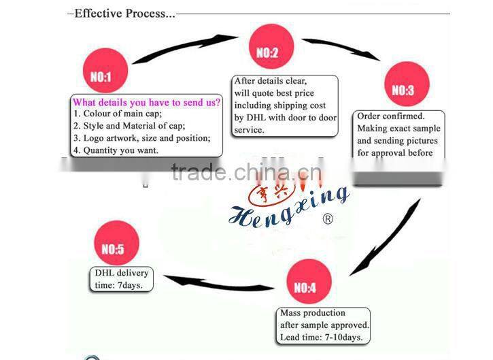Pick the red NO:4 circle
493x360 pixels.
click(x=305, y=287)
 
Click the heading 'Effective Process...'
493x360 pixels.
click(x=123, y=13)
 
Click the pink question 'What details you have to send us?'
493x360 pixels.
click(x=147, y=102)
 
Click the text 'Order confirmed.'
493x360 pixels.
click(x=390, y=116)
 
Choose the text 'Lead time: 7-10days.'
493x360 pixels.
click(x=322, y=337)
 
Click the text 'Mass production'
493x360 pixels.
click(x=313, y=313)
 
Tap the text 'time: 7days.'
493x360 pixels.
click(x=119, y=285)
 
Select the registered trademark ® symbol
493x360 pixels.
click(x=328, y=219)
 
